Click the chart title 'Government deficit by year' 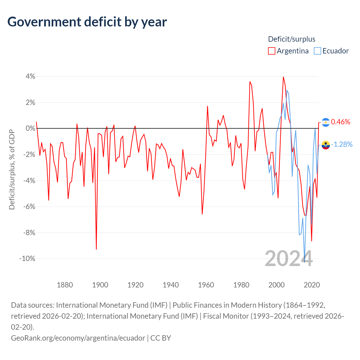point(87,22)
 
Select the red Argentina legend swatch point(271,51)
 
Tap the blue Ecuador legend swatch point(318,51)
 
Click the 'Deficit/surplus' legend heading point(292,39)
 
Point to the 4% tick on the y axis point(30,76)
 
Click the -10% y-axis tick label point(27,259)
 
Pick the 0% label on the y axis point(30,129)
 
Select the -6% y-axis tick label point(29,207)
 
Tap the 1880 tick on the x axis point(65,285)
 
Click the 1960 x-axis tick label point(206,285)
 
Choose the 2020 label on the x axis point(312,285)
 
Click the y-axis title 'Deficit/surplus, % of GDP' point(12,169)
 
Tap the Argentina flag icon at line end point(326,122)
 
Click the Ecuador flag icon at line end point(326,145)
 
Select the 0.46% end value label point(341,122)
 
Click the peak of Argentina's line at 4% point(283,77)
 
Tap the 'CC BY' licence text point(161,338)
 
